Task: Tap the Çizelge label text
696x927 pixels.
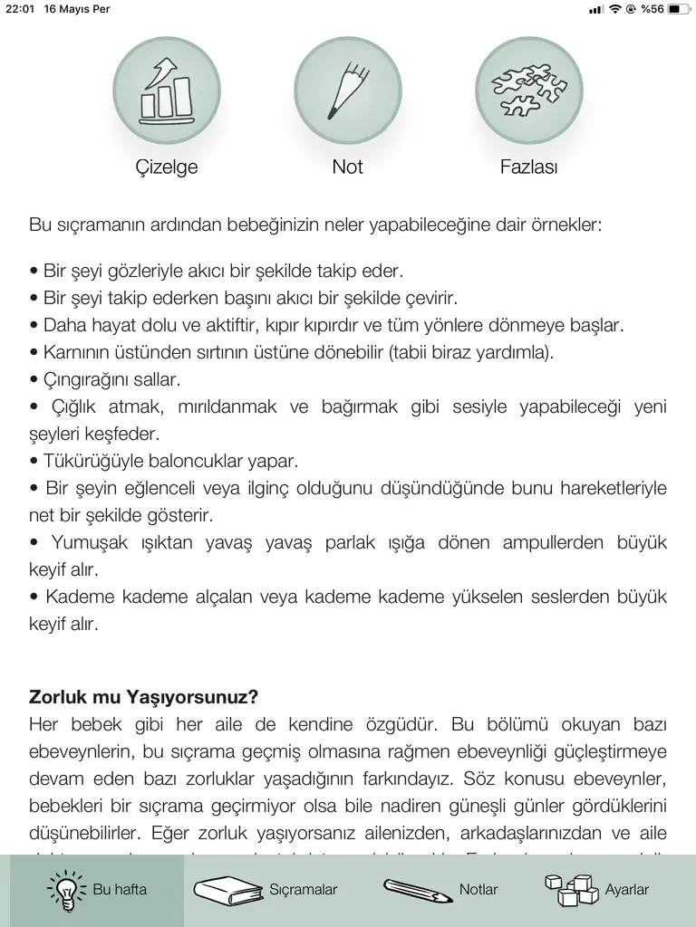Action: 167,167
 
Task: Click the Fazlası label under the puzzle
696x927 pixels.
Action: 529,167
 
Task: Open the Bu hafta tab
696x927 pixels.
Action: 97,890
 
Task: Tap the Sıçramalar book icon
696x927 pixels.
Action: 227,889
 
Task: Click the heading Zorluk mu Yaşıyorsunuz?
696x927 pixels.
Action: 144,698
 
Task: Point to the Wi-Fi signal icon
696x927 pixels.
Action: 615,9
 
